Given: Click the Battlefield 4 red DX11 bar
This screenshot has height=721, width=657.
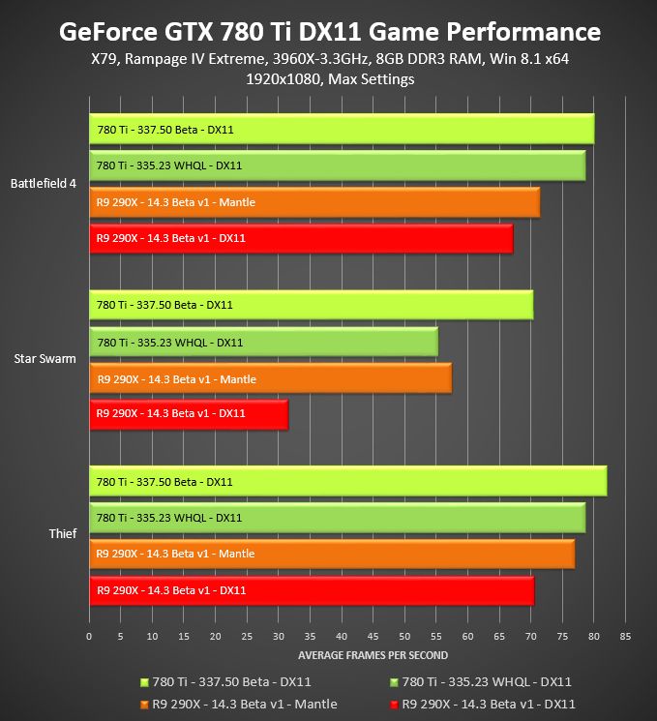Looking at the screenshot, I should (300, 238).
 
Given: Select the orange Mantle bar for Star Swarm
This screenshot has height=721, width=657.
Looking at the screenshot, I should (270, 379).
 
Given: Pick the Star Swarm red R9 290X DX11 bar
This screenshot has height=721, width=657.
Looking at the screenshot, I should (188, 414).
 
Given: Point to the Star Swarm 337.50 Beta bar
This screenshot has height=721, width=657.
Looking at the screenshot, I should (311, 305).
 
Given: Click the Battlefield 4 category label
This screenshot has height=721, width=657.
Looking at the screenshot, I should (44, 183).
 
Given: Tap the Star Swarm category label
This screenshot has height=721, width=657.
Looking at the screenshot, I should (45, 359).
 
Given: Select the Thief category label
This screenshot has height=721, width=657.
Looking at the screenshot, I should (63, 533).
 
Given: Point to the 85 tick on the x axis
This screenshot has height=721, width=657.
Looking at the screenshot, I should (625, 637).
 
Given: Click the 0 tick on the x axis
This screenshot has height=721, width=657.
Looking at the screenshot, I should (89, 637).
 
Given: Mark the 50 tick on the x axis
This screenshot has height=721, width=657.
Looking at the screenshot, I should (404, 637).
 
